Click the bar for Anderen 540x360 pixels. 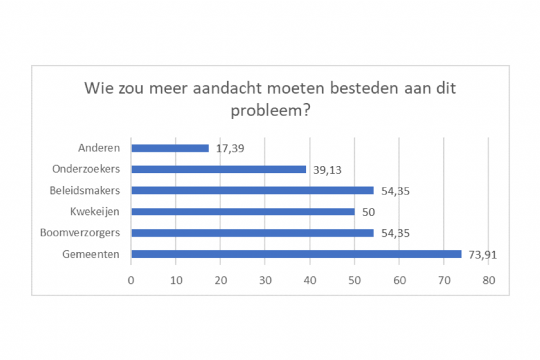[170, 148]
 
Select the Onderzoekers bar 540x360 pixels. [218, 170]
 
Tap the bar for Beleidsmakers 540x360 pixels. [252, 190]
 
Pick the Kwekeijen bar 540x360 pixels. [243, 211]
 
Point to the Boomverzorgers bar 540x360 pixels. [252, 233]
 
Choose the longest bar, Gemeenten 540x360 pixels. [296, 254]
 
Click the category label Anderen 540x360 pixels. [99, 148]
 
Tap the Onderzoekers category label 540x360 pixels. [86, 170]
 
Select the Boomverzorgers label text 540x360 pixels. [80, 233]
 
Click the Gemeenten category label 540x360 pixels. [91, 254]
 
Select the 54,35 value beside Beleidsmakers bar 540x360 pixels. [395, 190]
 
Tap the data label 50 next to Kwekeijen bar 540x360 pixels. [369, 211]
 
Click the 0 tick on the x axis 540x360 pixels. [131, 280]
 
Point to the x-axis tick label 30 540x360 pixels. [265, 280]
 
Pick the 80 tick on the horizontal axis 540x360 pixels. [488, 280]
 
